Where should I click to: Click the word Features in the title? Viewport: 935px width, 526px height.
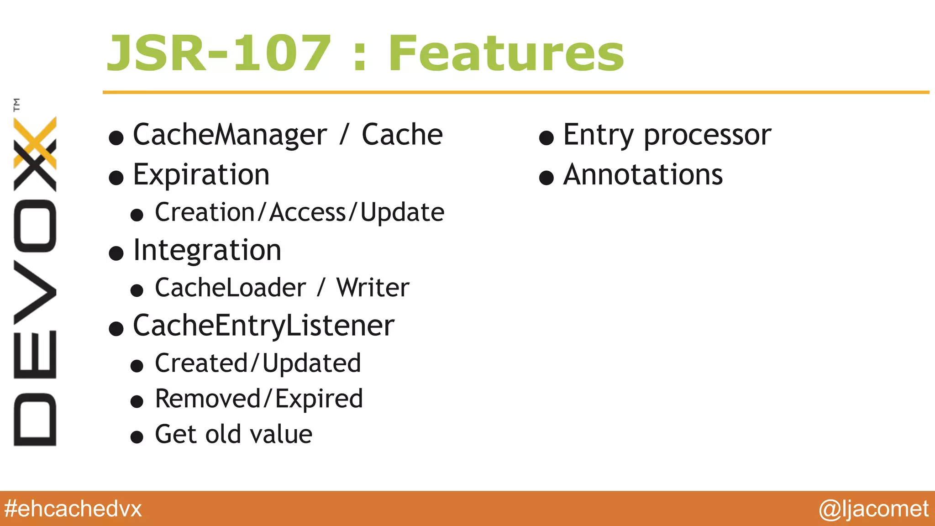coord(506,54)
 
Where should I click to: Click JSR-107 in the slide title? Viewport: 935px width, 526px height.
coord(218,54)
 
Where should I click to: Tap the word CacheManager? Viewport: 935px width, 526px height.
coord(230,135)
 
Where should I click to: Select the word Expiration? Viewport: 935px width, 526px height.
coord(201,175)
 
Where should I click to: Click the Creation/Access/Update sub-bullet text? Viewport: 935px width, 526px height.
coord(299,213)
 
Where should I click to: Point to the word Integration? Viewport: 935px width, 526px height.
coord(207,251)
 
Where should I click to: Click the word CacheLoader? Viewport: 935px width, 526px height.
coord(230,288)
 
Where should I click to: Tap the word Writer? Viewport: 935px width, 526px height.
coord(373,288)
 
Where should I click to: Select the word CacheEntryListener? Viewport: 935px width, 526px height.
coord(263,326)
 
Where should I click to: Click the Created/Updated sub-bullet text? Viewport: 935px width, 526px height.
coord(258,363)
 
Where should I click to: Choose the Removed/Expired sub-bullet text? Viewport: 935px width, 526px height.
coord(259,399)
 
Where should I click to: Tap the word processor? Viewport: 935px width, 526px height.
coord(707,136)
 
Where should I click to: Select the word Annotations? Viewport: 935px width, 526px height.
coord(643,175)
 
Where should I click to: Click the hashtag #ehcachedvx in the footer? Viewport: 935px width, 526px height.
coord(73,509)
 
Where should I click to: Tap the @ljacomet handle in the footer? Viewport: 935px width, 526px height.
coord(873,509)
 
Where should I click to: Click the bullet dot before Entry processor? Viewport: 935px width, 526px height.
coord(546,137)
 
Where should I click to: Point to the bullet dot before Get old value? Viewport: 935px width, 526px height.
coord(137,437)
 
